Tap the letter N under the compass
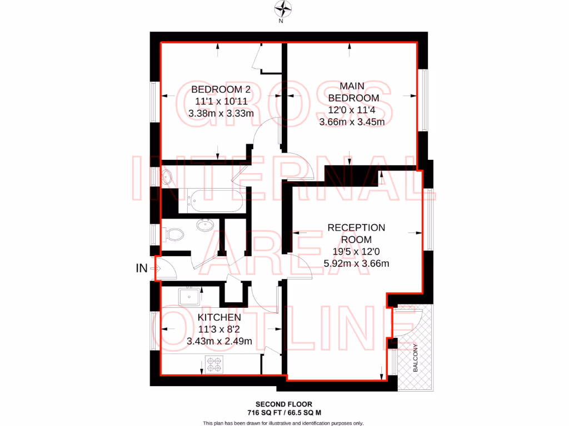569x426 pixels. pyautogui.click(x=281, y=22)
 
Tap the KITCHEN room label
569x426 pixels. pyautogui.click(x=219, y=317)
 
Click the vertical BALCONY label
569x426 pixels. pyautogui.click(x=416, y=358)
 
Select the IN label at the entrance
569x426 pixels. pyautogui.click(x=142, y=269)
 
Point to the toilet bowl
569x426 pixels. pyautogui.click(x=174, y=235)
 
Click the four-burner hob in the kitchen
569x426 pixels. pyautogui.click(x=214, y=365)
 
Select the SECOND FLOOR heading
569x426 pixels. pyautogui.click(x=284, y=404)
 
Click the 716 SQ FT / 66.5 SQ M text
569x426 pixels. pyautogui.click(x=284, y=413)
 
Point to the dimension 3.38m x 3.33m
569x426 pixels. pyautogui.click(x=221, y=114)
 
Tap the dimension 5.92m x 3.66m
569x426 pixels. pyautogui.click(x=356, y=263)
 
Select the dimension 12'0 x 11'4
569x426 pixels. pyautogui.click(x=352, y=110)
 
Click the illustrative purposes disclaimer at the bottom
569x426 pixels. pyautogui.click(x=283, y=423)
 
